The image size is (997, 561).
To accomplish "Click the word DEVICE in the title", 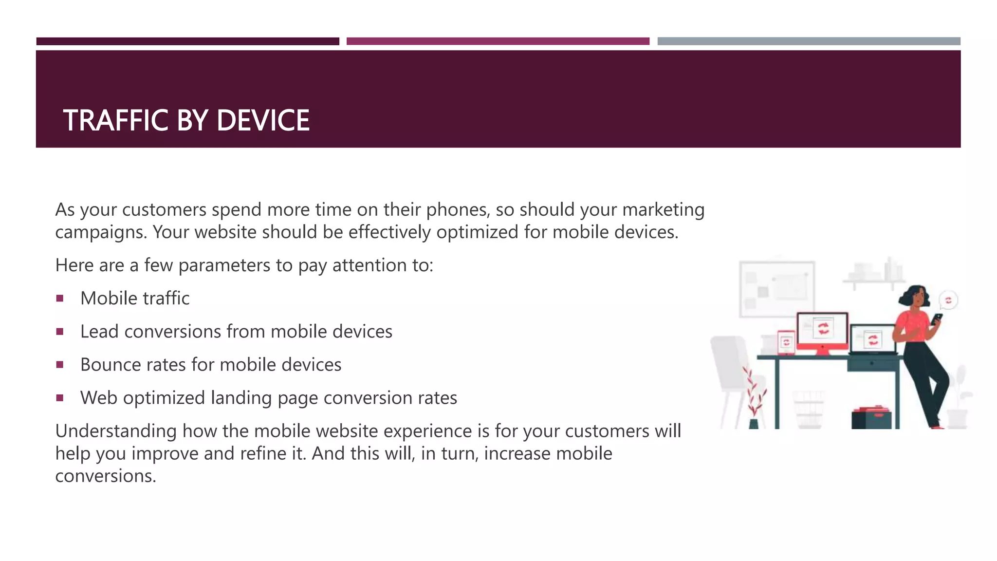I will click(263, 120).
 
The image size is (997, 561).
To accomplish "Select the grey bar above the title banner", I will click(809, 41).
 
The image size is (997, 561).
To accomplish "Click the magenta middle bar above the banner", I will click(498, 41).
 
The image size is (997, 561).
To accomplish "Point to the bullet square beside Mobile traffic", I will click(60, 299).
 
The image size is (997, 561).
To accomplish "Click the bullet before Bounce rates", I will click(60, 365).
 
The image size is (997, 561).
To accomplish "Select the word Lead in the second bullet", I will click(99, 332).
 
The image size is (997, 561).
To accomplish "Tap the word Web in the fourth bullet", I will click(99, 398).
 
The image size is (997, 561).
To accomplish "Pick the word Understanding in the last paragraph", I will click(116, 431).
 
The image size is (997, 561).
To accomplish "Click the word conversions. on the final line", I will click(105, 476).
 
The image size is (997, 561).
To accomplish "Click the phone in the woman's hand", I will click(937, 319).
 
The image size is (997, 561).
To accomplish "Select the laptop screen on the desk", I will click(873, 339).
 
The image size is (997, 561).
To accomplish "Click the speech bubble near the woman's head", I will click(948, 300).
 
